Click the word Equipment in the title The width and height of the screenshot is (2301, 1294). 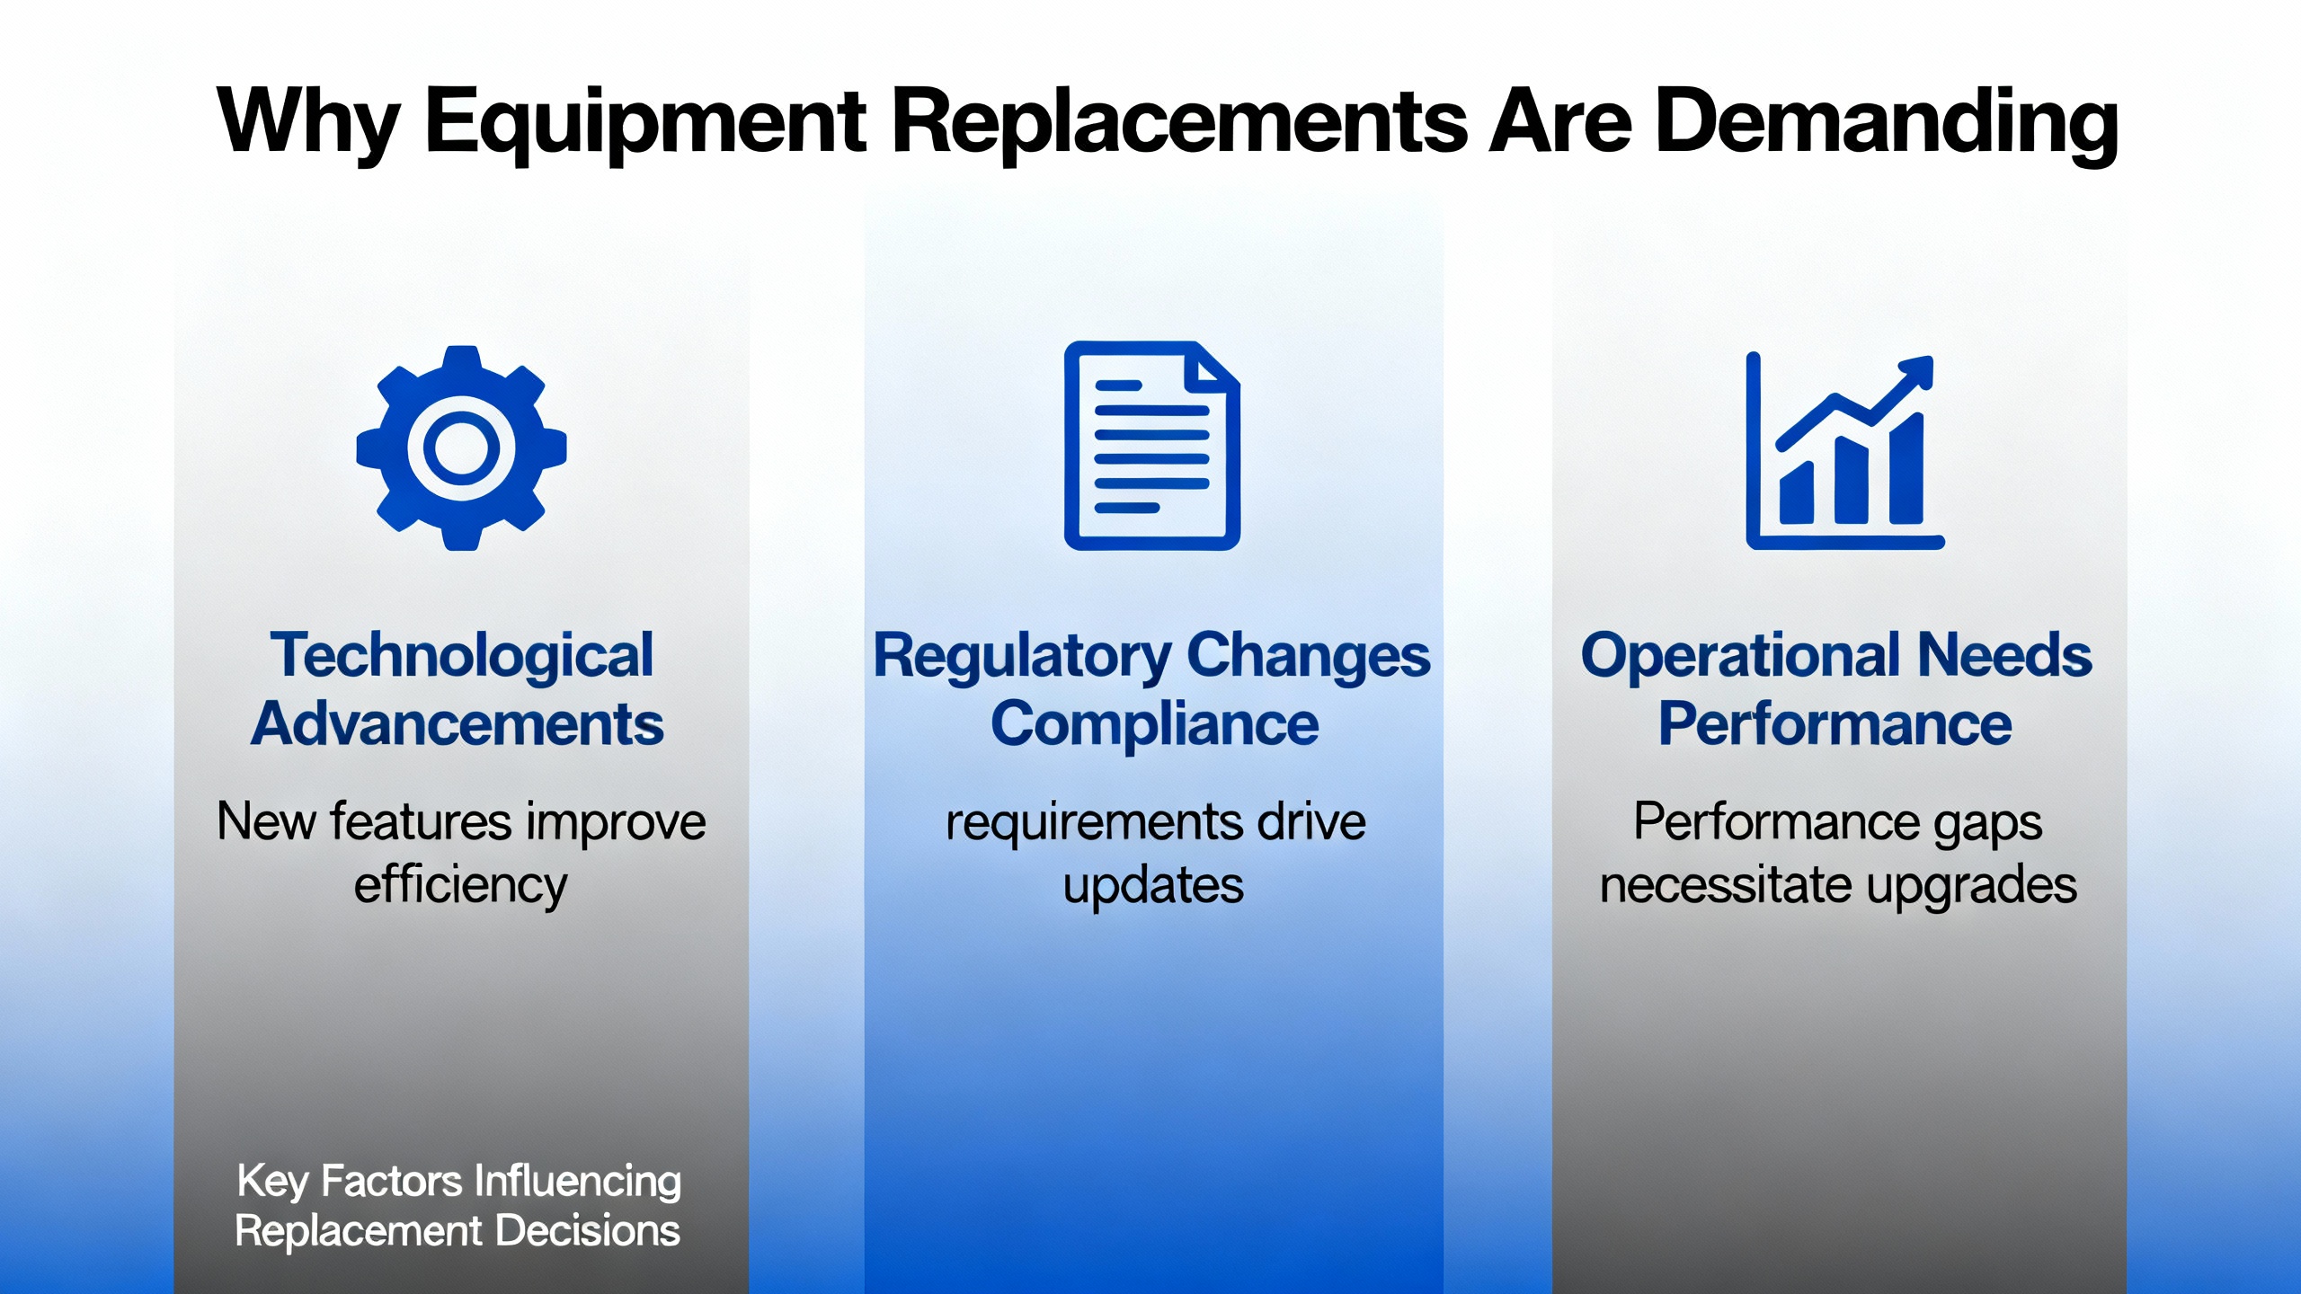(645, 124)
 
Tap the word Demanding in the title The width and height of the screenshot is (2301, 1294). (1886, 124)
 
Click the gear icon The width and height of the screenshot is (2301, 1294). (461, 448)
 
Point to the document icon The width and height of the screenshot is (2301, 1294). (1152, 446)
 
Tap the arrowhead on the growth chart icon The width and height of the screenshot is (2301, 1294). (1915, 372)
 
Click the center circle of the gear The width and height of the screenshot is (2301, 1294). (461, 448)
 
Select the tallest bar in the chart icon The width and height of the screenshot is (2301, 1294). (1906, 467)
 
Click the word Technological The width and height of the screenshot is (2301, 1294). (462, 656)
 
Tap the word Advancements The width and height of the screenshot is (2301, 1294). (458, 724)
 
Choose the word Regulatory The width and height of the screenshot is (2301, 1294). (1022, 656)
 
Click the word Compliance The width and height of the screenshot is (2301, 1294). (1154, 725)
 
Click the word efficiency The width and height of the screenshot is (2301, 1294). (461, 886)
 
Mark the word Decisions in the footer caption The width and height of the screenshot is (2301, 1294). (588, 1231)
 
